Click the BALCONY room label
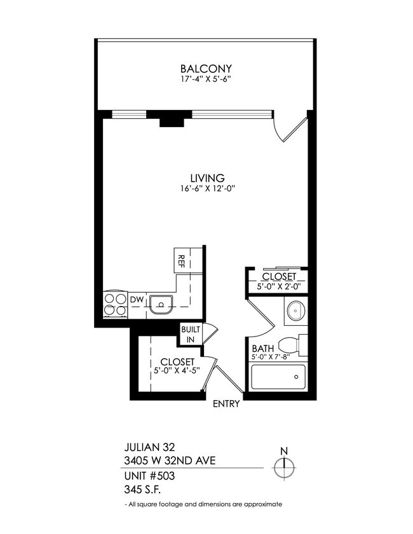(x=205, y=69)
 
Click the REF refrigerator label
(x=181, y=261)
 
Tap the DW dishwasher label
(x=136, y=299)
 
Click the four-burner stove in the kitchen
(x=115, y=304)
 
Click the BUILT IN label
(x=189, y=335)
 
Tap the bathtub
(x=278, y=379)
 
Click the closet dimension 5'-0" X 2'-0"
(x=278, y=287)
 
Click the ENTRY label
(x=226, y=404)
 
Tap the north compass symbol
(x=284, y=467)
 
